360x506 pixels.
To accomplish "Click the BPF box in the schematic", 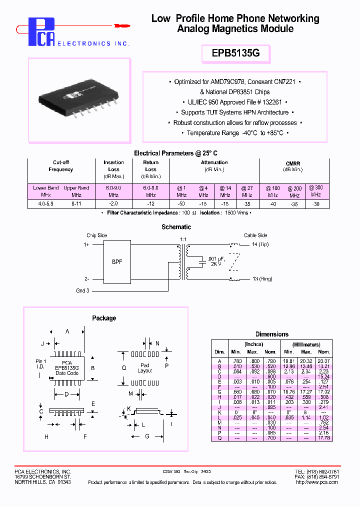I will (x=116, y=261).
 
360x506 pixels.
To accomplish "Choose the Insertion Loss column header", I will (x=113, y=166).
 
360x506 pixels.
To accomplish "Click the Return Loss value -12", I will (x=150, y=204).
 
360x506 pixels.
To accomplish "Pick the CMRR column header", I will (x=293, y=163).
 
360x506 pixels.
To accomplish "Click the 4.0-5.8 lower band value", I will (x=45, y=204).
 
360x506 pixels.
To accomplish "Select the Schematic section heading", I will (x=176, y=227).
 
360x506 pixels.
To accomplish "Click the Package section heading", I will (x=104, y=318).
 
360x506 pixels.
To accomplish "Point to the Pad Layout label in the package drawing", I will (x=144, y=368).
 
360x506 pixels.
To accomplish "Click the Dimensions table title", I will (x=271, y=334).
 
